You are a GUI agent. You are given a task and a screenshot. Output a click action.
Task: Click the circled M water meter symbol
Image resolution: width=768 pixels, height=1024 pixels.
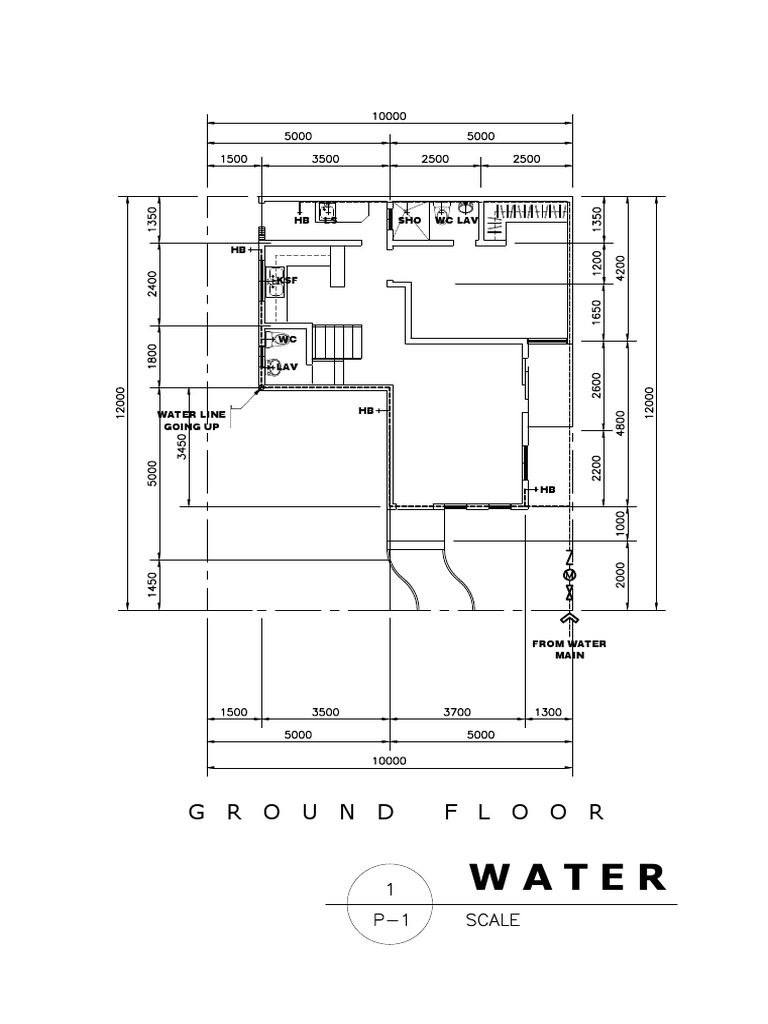click(569, 577)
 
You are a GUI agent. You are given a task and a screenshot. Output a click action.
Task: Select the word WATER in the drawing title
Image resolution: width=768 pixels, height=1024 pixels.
click(567, 877)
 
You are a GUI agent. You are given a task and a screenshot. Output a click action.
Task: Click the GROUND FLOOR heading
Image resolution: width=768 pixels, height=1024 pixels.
click(397, 812)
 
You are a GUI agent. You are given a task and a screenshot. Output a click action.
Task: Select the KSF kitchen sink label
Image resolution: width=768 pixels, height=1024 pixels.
click(288, 281)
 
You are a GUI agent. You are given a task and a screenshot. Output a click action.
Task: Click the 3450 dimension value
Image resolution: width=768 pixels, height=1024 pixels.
click(181, 447)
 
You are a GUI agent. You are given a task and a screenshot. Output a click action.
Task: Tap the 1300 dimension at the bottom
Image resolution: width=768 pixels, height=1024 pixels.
click(548, 712)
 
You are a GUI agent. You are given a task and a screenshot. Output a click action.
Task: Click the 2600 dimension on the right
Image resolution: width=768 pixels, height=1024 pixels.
click(597, 384)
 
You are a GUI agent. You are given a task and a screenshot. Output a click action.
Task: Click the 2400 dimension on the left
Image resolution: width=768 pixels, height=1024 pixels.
click(152, 285)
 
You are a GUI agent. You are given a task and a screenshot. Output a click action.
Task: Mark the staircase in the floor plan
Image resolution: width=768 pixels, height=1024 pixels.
click(337, 343)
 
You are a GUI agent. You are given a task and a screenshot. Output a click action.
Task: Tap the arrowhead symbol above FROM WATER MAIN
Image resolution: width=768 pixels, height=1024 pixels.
click(569, 619)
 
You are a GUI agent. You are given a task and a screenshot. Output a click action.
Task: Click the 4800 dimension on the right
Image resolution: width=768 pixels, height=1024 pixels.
click(621, 425)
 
